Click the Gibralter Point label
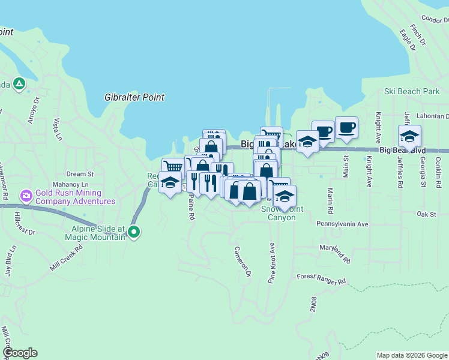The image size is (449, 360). (134, 97)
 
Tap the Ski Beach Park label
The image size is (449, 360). (412, 92)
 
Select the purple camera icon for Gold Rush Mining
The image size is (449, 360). (26, 196)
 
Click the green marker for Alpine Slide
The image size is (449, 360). (134, 231)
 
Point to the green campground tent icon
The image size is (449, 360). (20, 83)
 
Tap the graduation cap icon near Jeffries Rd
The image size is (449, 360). (409, 136)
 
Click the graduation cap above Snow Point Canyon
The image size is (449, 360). (285, 196)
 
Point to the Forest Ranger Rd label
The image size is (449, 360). (322, 279)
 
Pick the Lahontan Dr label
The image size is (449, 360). (431, 116)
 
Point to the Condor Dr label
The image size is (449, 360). (435, 19)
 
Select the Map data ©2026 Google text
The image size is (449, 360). (412, 355)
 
